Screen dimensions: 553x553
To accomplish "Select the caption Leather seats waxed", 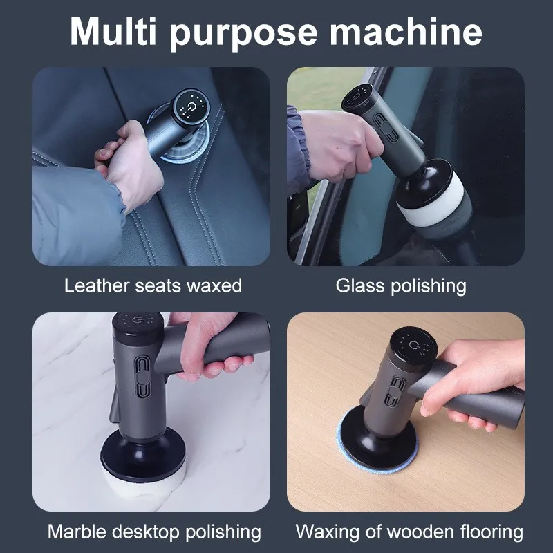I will coord(153,285).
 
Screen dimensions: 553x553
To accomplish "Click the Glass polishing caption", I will coord(401,285).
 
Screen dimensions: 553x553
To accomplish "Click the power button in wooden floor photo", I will coord(414,345).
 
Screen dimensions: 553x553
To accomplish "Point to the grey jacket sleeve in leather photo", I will coord(76,214).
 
